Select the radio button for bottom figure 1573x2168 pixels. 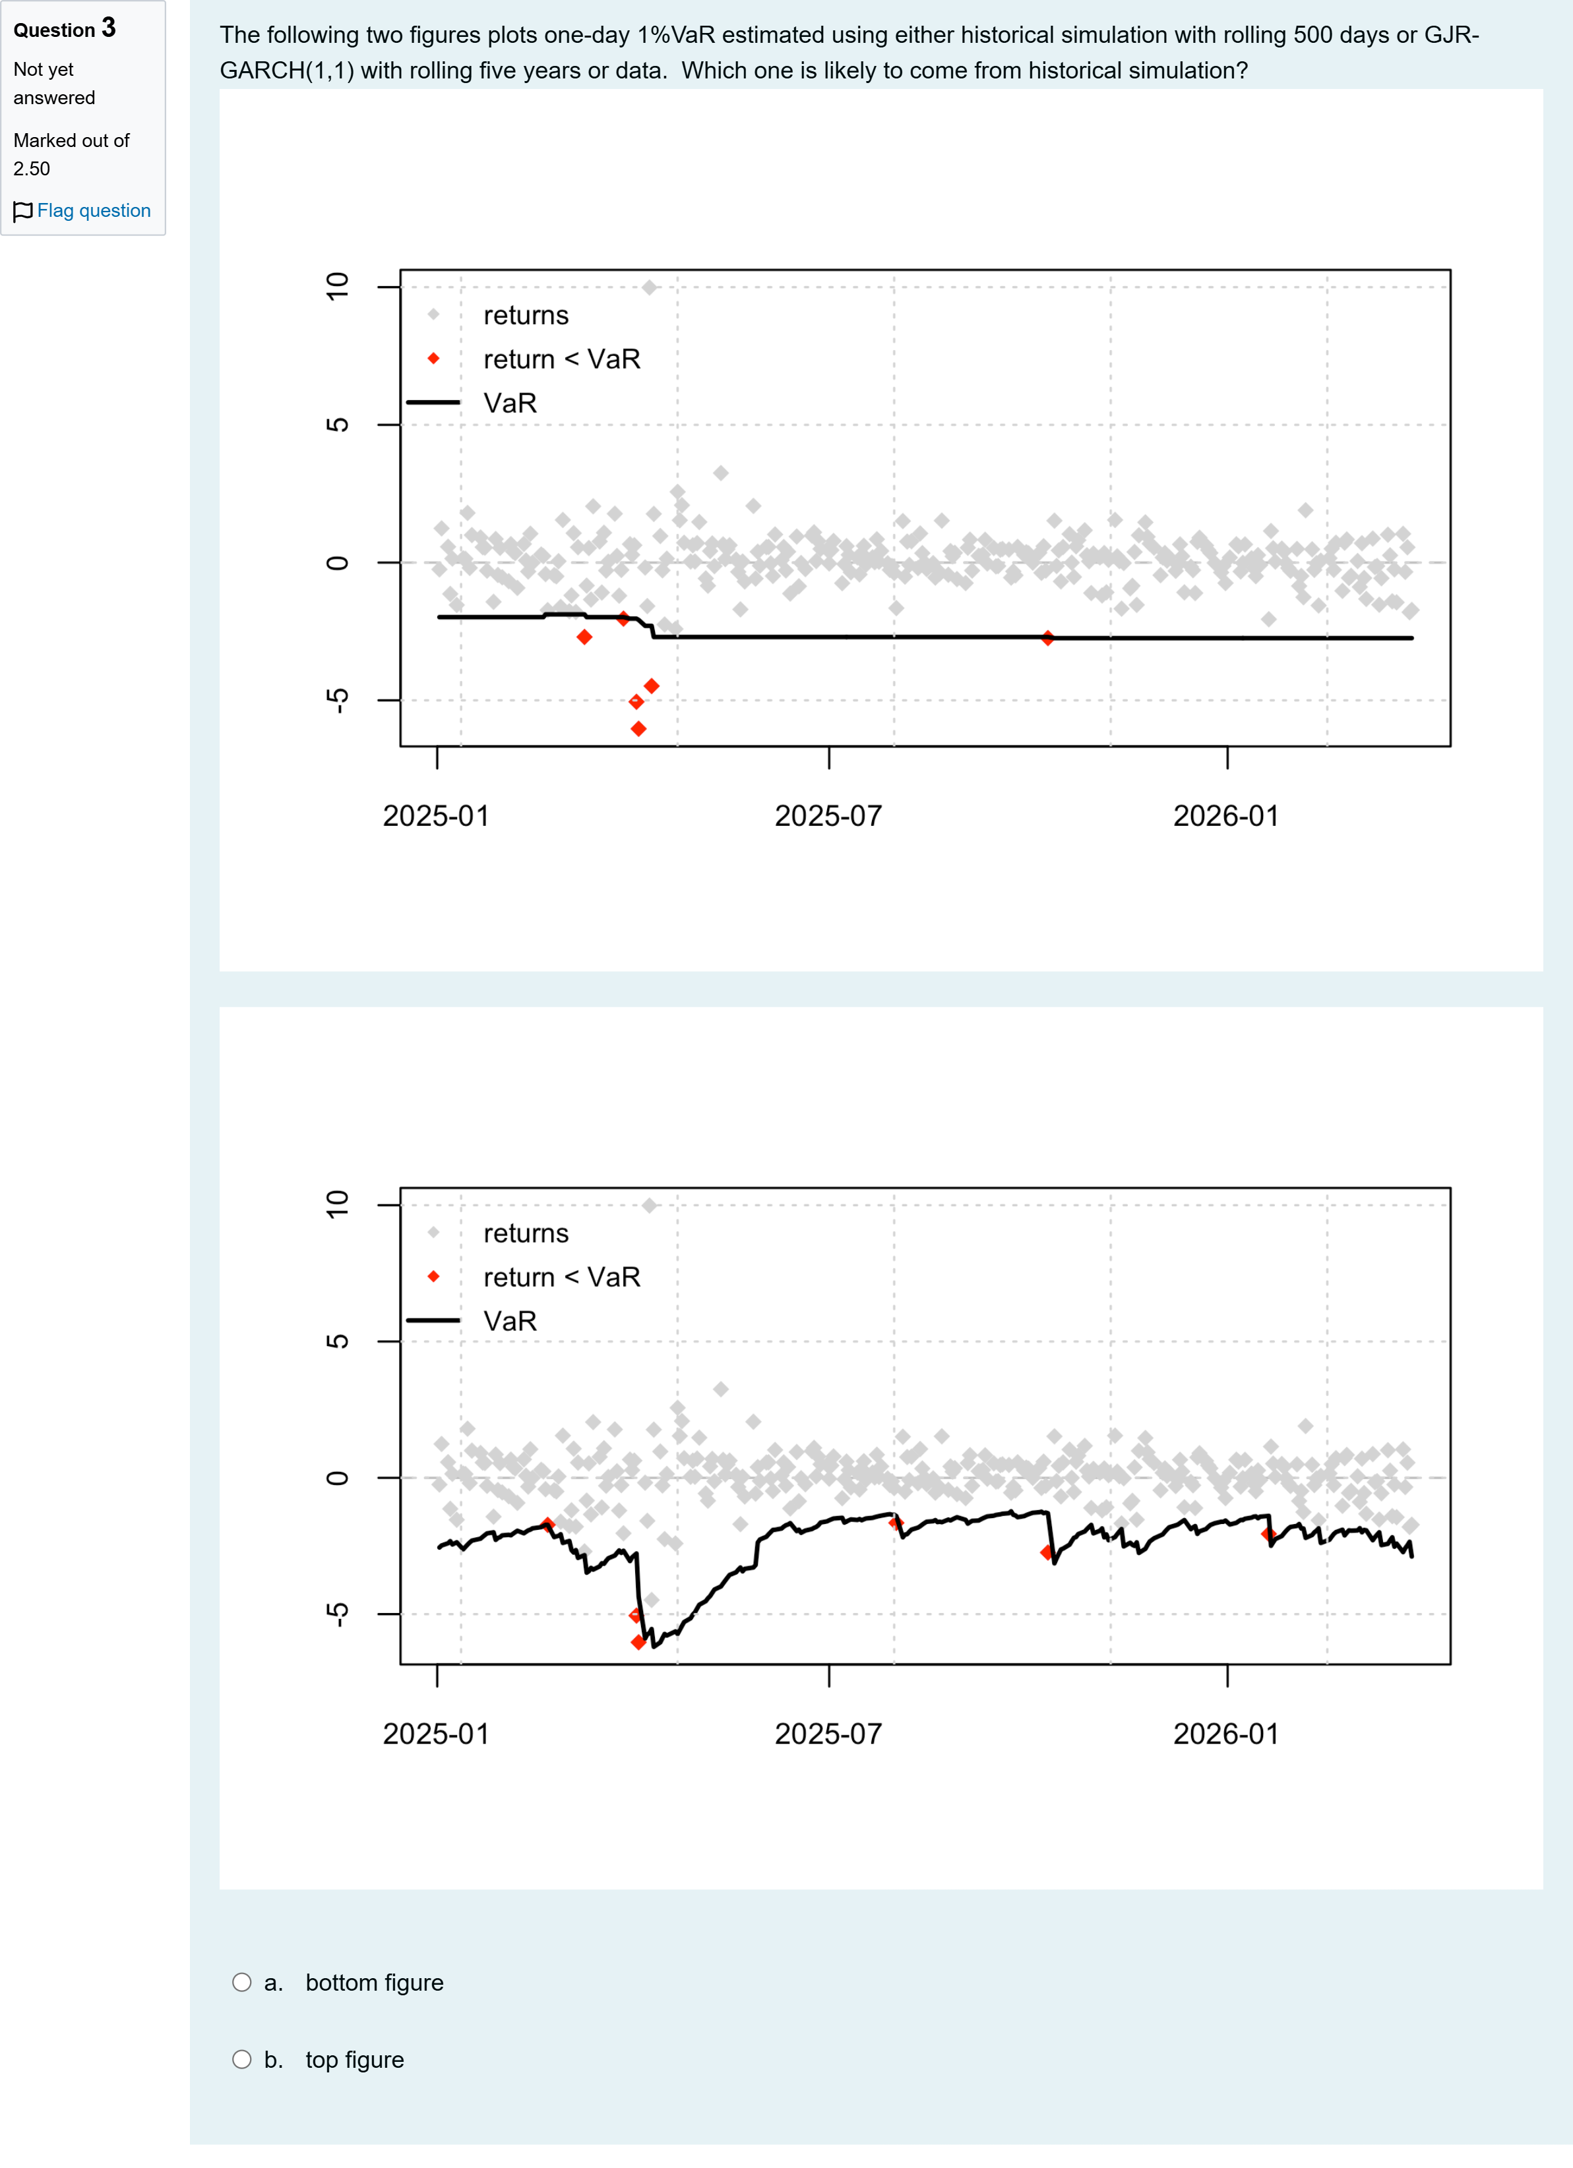click(242, 1983)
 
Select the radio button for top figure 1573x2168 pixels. click(242, 2060)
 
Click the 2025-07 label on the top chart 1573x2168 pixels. click(828, 816)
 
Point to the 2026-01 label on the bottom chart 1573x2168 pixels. click(1226, 1734)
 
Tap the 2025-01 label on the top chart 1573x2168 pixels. click(436, 816)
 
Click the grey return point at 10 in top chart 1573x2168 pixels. click(649, 287)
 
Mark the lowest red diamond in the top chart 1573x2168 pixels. click(638, 729)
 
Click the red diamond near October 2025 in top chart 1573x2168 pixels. click(1048, 637)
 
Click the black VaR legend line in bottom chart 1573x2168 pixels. click(433, 1320)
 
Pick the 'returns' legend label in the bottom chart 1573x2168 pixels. click(526, 1233)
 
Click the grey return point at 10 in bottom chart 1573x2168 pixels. click(649, 1206)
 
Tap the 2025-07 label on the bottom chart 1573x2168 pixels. click(828, 1734)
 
